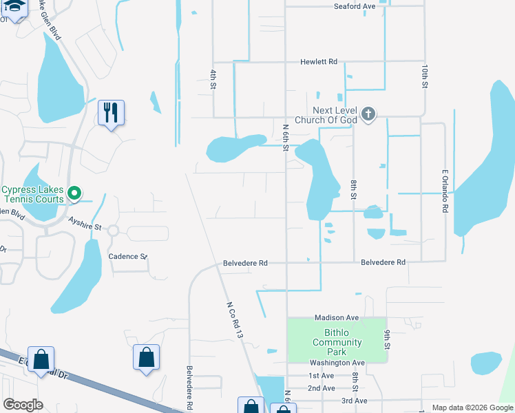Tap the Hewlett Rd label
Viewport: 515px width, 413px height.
tap(318, 62)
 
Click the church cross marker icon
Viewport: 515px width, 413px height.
tap(368, 114)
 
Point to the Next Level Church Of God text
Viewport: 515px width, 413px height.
tap(326, 115)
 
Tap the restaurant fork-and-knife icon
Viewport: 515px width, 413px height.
tap(112, 112)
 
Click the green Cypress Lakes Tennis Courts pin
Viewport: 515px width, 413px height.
tap(76, 194)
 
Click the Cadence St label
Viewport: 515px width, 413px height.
tap(128, 256)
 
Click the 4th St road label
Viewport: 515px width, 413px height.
tap(213, 79)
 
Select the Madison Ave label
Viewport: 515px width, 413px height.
tap(337, 317)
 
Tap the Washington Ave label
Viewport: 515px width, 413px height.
tap(337, 363)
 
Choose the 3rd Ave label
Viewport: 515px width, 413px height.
tap(354, 400)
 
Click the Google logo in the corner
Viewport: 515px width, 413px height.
tap(23, 405)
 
